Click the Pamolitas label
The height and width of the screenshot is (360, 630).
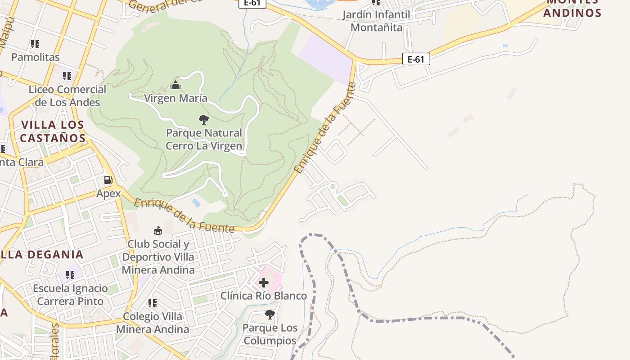(x=35, y=57)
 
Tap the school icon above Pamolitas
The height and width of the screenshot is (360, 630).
(x=35, y=44)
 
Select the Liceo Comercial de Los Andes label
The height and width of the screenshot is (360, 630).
(x=67, y=96)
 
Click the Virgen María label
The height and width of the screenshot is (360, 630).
(x=175, y=98)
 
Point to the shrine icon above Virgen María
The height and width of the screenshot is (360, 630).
(x=175, y=85)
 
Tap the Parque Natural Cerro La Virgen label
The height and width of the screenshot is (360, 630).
(x=204, y=139)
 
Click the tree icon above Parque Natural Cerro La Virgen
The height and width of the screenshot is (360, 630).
(x=203, y=120)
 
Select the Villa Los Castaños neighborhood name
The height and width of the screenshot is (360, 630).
(x=53, y=131)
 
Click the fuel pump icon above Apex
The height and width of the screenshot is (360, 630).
(x=108, y=180)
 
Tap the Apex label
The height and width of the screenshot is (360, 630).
(x=108, y=193)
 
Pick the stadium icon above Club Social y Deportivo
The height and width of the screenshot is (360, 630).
(x=158, y=231)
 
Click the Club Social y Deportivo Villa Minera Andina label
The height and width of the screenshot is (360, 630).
(x=158, y=257)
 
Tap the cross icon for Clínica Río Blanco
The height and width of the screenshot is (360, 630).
(x=264, y=283)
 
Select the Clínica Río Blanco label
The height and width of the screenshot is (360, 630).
(x=264, y=296)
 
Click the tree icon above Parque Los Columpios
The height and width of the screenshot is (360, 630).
(x=270, y=315)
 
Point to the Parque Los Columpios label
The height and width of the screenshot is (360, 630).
(x=270, y=334)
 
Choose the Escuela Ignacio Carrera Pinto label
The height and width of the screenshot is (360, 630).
(x=70, y=295)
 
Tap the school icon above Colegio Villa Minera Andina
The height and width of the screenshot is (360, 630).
(x=153, y=303)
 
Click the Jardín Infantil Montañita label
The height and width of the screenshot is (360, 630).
(x=376, y=21)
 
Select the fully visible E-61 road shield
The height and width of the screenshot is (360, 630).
(x=416, y=59)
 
